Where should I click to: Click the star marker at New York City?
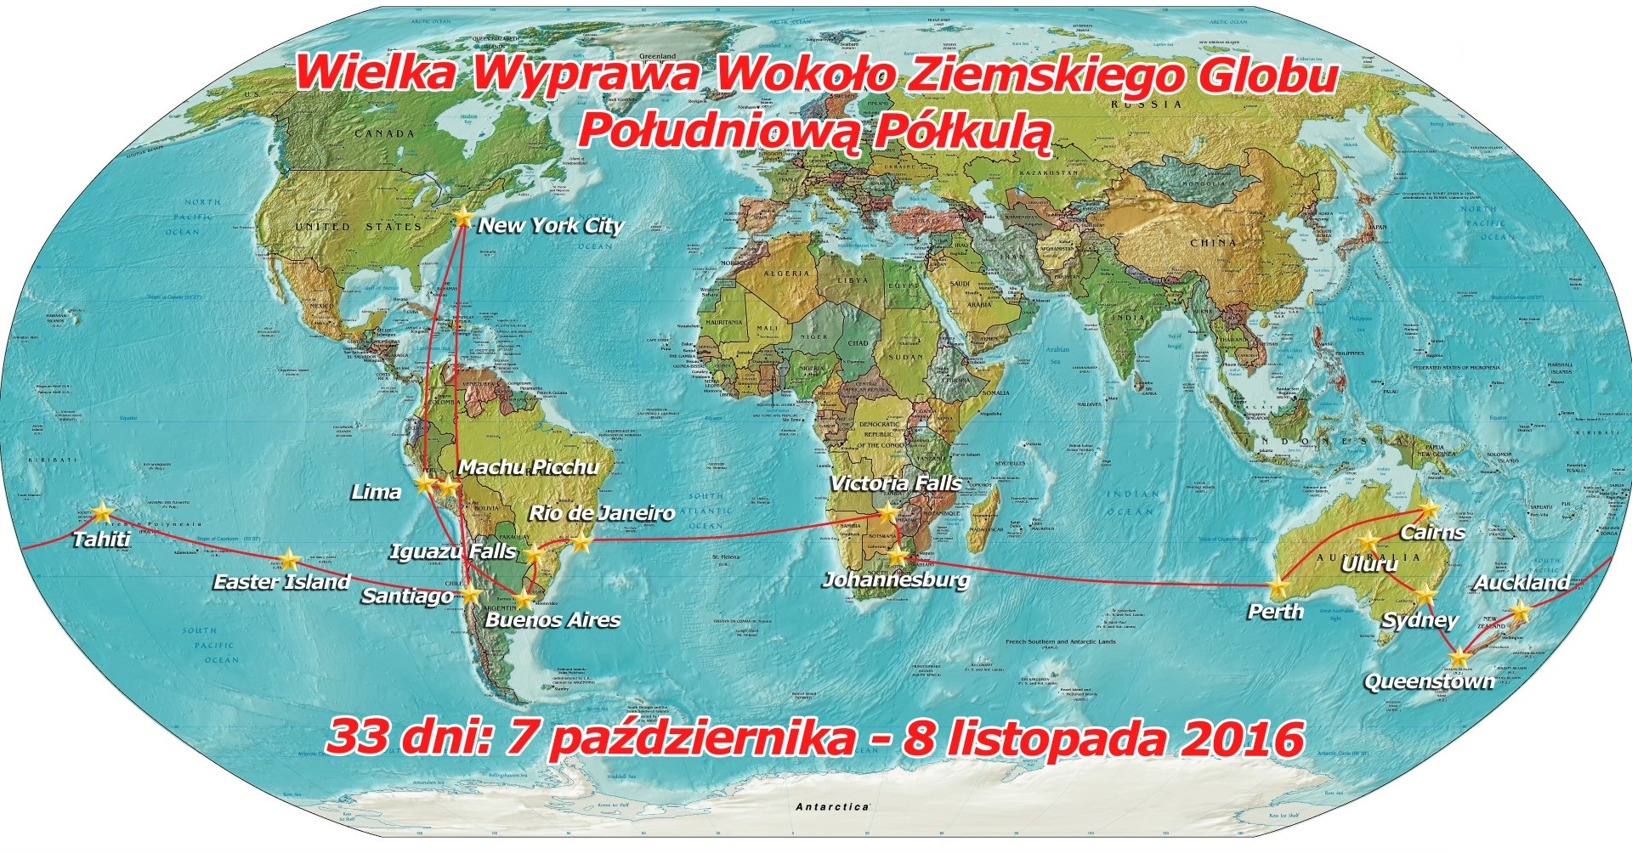tap(462, 216)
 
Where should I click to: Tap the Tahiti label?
tap(101, 539)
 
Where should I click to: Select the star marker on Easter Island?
tap(290, 559)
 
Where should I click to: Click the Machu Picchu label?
tap(529, 466)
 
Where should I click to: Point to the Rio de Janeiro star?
tap(581, 541)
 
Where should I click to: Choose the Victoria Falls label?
tap(896, 483)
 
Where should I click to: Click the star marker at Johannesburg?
tap(898, 556)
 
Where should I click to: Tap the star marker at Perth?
tap(1277, 585)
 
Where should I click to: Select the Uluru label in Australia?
tap(1369, 564)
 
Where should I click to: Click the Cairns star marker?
tap(1429, 510)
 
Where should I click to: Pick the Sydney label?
tap(1419, 620)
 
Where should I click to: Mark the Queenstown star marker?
tap(1459, 657)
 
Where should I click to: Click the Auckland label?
tap(1521, 583)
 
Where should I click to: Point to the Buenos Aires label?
tap(552, 620)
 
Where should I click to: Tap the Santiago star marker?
tap(470, 595)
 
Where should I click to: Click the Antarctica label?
tap(832, 806)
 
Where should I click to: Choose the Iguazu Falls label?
tap(453, 551)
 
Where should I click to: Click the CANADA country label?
tap(384, 134)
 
